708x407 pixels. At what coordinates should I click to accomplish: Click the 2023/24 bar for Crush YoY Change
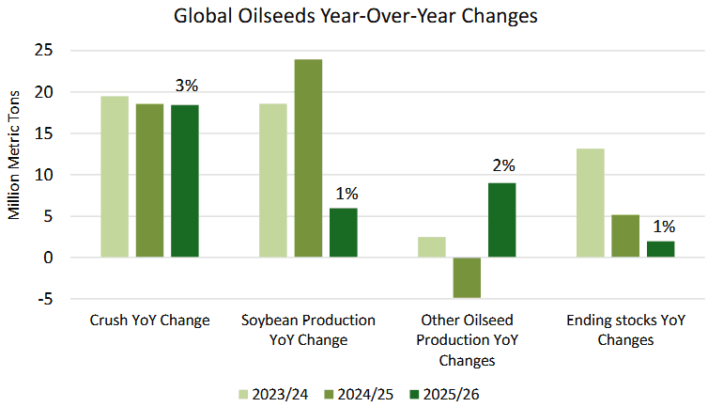(x=115, y=177)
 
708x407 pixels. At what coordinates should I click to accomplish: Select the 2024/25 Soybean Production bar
(x=308, y=158)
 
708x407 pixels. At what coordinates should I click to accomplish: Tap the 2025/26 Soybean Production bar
(x=343, y=232)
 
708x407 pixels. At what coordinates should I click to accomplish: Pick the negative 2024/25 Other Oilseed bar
(x=467, y=277)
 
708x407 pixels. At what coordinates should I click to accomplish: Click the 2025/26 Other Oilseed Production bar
(x=501, y=220)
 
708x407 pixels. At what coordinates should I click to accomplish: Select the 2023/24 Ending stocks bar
(x=591, y=203)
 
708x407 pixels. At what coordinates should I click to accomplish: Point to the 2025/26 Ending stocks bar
(x=661, y=249)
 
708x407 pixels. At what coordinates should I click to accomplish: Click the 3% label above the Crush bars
(x=187, y=86)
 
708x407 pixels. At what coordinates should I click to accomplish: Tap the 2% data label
(x=503, y=165)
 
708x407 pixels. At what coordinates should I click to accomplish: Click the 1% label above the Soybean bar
(x=346, y=194)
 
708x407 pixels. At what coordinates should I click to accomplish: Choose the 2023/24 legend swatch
(x=243, y=395)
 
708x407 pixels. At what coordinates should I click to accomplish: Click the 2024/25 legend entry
(x=359, y=395)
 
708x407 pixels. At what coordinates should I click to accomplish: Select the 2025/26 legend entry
(x=444, y=395)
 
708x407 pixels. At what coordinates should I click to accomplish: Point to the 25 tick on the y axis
(x=44, y=50)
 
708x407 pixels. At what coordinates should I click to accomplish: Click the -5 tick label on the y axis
(x=44, y=299)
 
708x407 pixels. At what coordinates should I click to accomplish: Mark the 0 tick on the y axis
(x=48, y=258)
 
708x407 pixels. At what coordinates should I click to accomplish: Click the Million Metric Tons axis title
(x=14, y=155)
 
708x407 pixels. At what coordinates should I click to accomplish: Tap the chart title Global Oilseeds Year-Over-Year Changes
(x=355, y=16)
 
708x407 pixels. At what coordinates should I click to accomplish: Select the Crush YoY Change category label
(x=150, y=321)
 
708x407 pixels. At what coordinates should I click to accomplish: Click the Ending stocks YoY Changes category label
(x=625, y=330)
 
